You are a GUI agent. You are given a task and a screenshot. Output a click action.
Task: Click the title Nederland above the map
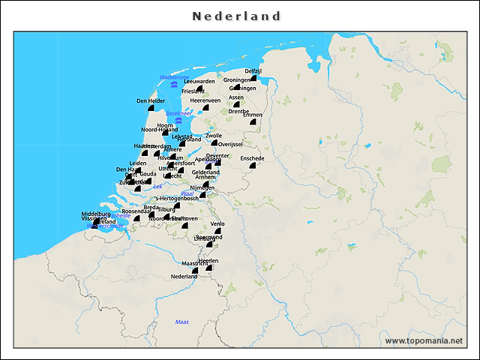tap(236, 16)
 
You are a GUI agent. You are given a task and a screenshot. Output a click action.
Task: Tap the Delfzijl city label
tap(253, 70)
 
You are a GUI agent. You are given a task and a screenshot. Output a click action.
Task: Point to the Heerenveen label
tap(205, 100)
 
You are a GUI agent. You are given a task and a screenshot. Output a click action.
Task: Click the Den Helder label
tap(151, 100)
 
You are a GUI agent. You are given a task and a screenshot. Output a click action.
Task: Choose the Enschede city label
tap(252, 158)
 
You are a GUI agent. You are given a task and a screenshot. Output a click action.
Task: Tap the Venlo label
tap(217, 223)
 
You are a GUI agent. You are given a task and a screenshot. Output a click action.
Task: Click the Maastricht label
tap(195, 263)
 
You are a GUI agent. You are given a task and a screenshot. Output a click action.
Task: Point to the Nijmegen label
tap(202, 187)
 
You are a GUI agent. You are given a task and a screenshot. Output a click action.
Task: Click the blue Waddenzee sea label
tap(173, 77)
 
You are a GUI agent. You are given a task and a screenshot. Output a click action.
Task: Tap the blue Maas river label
tap(181, 322)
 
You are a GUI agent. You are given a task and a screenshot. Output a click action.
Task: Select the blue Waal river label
tap(187, 193)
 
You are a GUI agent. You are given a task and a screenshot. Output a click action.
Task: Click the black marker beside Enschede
tap(253, 166)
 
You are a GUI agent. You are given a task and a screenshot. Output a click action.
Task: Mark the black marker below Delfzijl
tap(255, 77)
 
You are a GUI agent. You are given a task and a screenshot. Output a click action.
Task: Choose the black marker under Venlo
tap(218, 231)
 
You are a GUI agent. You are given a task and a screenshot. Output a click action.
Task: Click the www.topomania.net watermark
tap(424, 340)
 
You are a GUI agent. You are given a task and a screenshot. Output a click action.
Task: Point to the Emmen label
tap(253, 115)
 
